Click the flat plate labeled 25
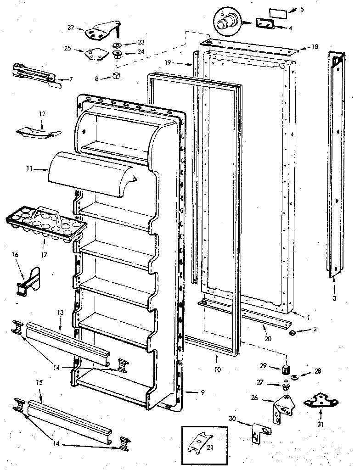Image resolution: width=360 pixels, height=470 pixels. point(94,54)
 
